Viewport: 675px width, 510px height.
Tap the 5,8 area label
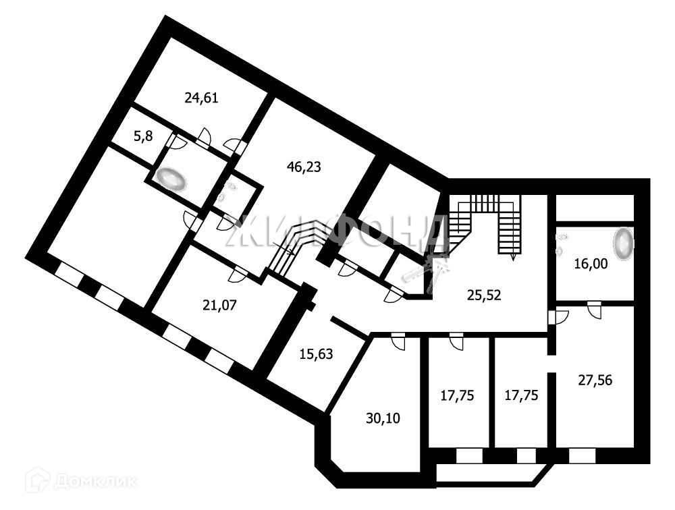(x=142, y=136)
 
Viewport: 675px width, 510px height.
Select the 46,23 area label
(x=303, y=167)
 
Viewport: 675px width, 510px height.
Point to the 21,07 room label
(x=219, y=305)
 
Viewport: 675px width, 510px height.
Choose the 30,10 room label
(x=383, y=418)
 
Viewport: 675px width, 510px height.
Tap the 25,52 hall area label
(x=485, y=293)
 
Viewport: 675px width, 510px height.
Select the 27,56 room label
(x=595, y=380)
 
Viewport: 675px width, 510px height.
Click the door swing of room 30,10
(x=397, y=342)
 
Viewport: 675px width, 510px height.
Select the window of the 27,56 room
(x=581, y=456)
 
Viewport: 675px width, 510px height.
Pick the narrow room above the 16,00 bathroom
(x=594, y=208)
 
